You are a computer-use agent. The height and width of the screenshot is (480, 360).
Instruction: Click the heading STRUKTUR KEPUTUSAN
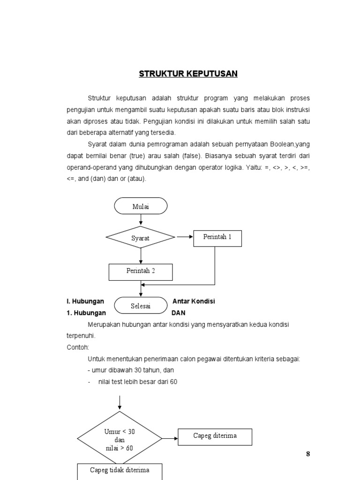188,74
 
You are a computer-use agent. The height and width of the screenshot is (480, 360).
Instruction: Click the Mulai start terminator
140,205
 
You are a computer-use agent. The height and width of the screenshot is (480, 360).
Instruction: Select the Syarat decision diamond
140,238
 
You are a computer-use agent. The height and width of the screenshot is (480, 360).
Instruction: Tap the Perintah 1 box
217,238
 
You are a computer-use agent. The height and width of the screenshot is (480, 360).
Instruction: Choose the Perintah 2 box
141,271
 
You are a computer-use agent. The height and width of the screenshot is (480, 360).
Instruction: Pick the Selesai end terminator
141,306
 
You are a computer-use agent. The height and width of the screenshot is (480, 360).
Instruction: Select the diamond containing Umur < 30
120,439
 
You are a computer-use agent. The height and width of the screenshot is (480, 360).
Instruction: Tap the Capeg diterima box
215,436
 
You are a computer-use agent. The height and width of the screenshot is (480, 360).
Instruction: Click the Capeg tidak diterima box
120,471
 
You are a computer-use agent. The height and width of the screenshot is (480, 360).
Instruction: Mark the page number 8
308,453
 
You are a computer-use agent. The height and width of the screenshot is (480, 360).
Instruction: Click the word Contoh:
77,347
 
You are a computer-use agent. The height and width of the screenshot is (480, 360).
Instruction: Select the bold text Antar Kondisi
194,301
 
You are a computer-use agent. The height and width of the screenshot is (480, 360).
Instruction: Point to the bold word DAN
179,313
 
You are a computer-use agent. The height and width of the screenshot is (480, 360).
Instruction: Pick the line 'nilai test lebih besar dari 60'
138,382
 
